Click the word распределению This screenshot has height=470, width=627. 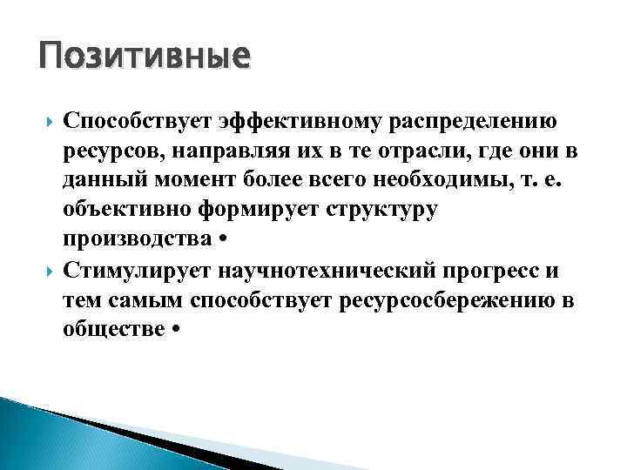[x=484, y=120]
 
